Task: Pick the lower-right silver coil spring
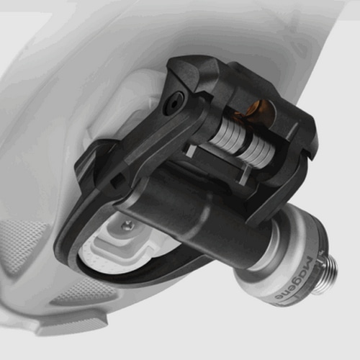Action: (x=257, y=152)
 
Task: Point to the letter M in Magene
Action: (x=310, y=264)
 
